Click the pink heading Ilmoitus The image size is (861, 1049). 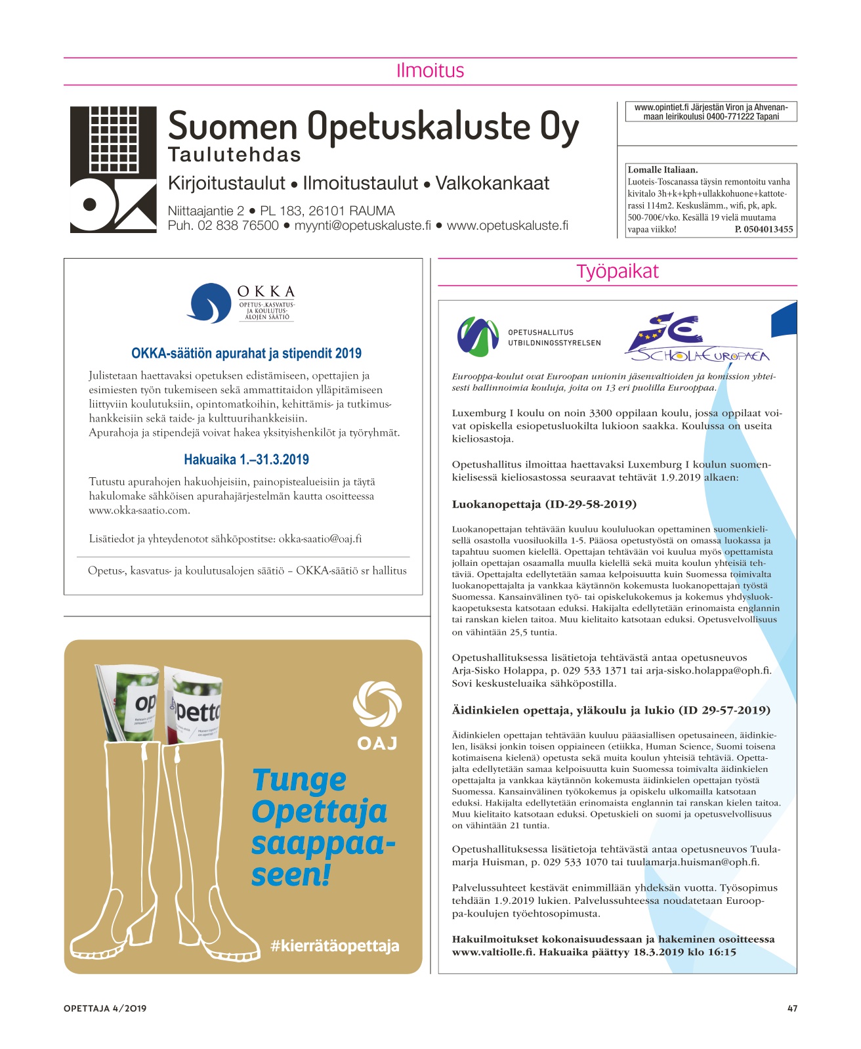coord(430,71)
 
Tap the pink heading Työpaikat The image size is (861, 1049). coord(617,272)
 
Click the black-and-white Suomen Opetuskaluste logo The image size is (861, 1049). coord(114,169)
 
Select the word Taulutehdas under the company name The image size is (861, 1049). coord(234,155)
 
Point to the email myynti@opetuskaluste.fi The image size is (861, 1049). coord(362,226)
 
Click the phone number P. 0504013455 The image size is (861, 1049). coord(764,230)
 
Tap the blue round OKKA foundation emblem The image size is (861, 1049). coord(209,303)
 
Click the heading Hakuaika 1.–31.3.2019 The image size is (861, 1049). coord(246,460)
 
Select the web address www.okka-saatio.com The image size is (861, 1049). coord(139,511)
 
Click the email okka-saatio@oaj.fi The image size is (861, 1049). coord(320,539)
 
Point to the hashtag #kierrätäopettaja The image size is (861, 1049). coord(335,946)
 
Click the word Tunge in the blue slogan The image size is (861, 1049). coord(299,781)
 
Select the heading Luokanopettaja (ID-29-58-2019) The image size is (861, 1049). coord(544,504)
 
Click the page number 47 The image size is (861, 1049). coord(792,1008)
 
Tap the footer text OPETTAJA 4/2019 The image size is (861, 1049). coord(105,1008)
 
